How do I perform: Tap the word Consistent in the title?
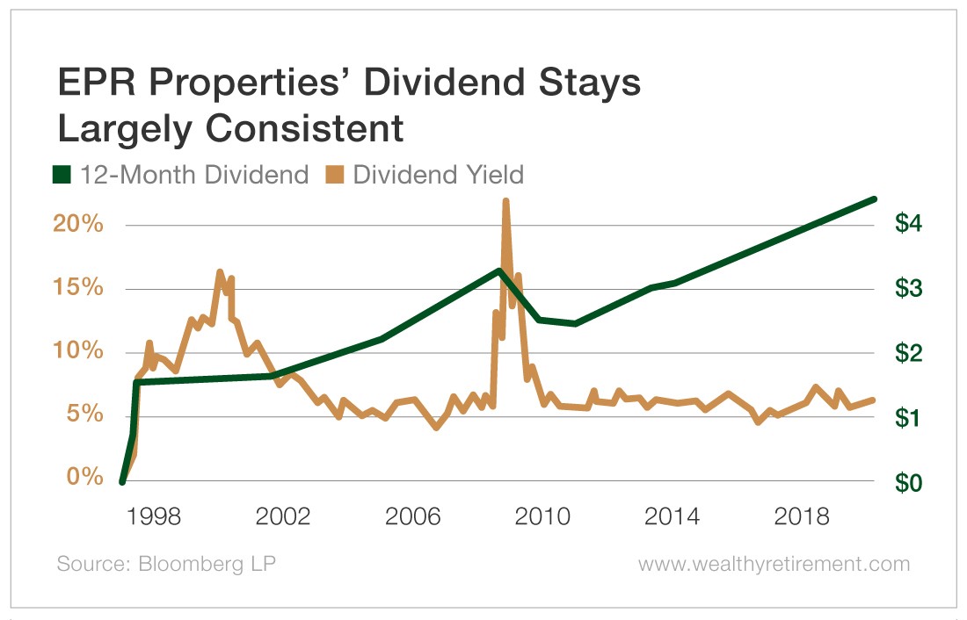(x=296, y=129)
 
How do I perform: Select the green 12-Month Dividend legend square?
(x=62, y=175)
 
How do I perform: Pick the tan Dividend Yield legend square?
(x=334, y=175)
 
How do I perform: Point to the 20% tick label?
(x=79, y=225)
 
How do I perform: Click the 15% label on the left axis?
(x=79, y=289)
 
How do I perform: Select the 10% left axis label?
(x=79, y=352)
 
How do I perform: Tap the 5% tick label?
(x=85, y=415)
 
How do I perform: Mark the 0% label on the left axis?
(x=85, y=479)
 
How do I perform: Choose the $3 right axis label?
(x=908, y=289)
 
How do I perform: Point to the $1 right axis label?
(x=908, y=418)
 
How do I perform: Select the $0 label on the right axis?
(x=908, y=482)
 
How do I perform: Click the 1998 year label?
(x=155, y=516)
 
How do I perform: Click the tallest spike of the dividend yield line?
(x=505, y=201)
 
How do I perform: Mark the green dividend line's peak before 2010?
(x=498, y=270)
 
